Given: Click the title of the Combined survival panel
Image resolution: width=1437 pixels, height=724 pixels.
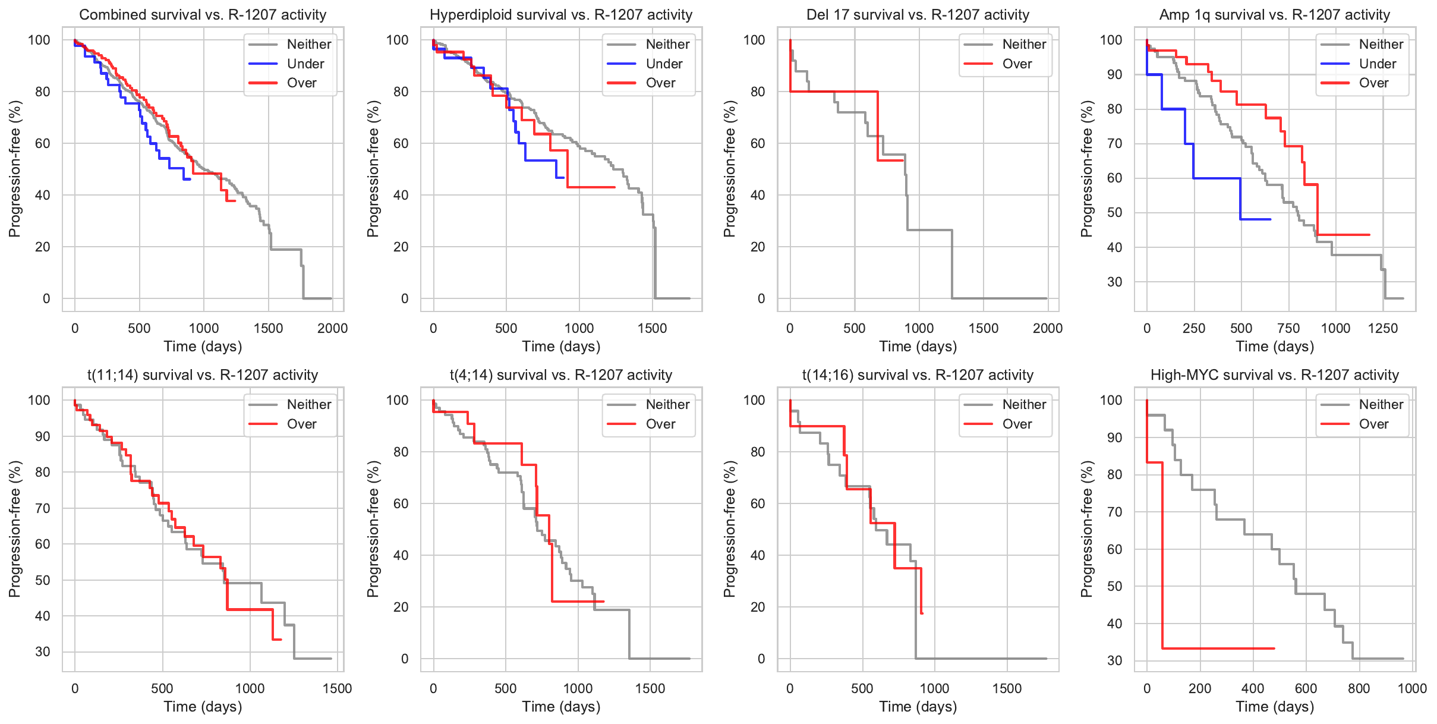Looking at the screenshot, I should coord(203,15).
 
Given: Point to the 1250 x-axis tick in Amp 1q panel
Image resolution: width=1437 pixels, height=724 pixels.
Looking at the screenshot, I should coord(1383,328).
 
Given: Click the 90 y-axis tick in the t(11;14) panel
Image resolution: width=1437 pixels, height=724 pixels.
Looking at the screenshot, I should coord(43,436).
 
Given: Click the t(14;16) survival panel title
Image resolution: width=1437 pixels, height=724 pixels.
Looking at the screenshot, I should coord(918,375).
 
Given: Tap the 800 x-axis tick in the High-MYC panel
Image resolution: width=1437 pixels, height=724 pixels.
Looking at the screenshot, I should coord(1359,688).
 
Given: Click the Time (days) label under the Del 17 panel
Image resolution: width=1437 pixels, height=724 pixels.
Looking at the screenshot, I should coord(918,347).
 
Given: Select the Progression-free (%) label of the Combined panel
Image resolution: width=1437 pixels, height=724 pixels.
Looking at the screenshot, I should coord(15,169).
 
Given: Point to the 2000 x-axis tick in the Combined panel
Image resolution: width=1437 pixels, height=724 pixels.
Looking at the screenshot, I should coord(332,328).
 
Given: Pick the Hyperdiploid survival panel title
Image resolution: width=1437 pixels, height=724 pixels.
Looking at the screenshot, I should coord(561,15).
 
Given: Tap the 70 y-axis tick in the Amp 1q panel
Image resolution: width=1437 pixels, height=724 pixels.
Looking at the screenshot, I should coord(1114,143).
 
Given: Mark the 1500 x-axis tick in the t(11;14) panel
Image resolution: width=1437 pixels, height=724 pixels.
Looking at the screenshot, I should coord(337,688).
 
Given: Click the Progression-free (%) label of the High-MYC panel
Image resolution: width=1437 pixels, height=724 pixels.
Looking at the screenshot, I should coord(1087,529).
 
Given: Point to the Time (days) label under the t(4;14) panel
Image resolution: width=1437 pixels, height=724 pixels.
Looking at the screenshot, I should coord(561,707).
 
